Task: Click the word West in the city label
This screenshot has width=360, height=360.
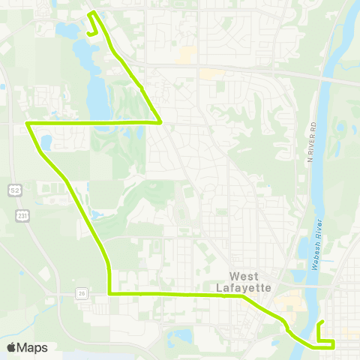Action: (244, 276)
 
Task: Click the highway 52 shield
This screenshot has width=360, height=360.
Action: (14, 191)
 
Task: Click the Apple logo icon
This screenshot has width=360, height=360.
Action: (12, 347)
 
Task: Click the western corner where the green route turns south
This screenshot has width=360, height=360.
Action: (28, 122)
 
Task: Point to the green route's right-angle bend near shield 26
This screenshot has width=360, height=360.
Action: (109, 294)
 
